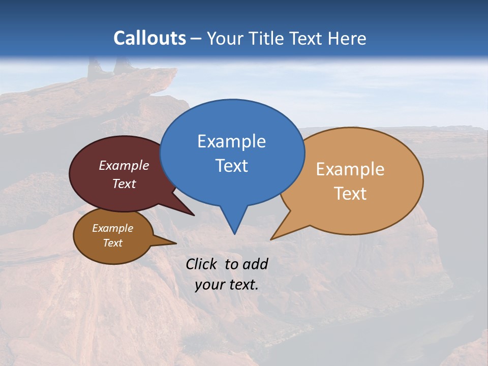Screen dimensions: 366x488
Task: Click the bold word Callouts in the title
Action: pos(149,38)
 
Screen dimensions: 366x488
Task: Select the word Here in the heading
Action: pos(347,38)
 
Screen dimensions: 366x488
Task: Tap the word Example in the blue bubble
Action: pos(231,141)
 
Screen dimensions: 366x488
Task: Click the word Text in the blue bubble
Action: pos(231,165)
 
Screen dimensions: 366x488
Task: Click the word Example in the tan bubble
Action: pos(350,169)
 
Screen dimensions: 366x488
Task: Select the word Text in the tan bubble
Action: pos(351,193)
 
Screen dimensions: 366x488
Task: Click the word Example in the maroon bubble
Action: pos(124,165)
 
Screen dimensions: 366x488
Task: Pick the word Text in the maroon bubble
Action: pos(124,184)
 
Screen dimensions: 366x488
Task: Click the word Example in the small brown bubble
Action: pos(112,228)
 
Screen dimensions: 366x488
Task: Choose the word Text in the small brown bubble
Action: pos(112,243)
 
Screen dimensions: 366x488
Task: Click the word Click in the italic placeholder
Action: pos(202,264)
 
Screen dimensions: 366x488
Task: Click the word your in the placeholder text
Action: pos(210,285)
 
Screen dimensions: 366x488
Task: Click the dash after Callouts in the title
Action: pos(196,39)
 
